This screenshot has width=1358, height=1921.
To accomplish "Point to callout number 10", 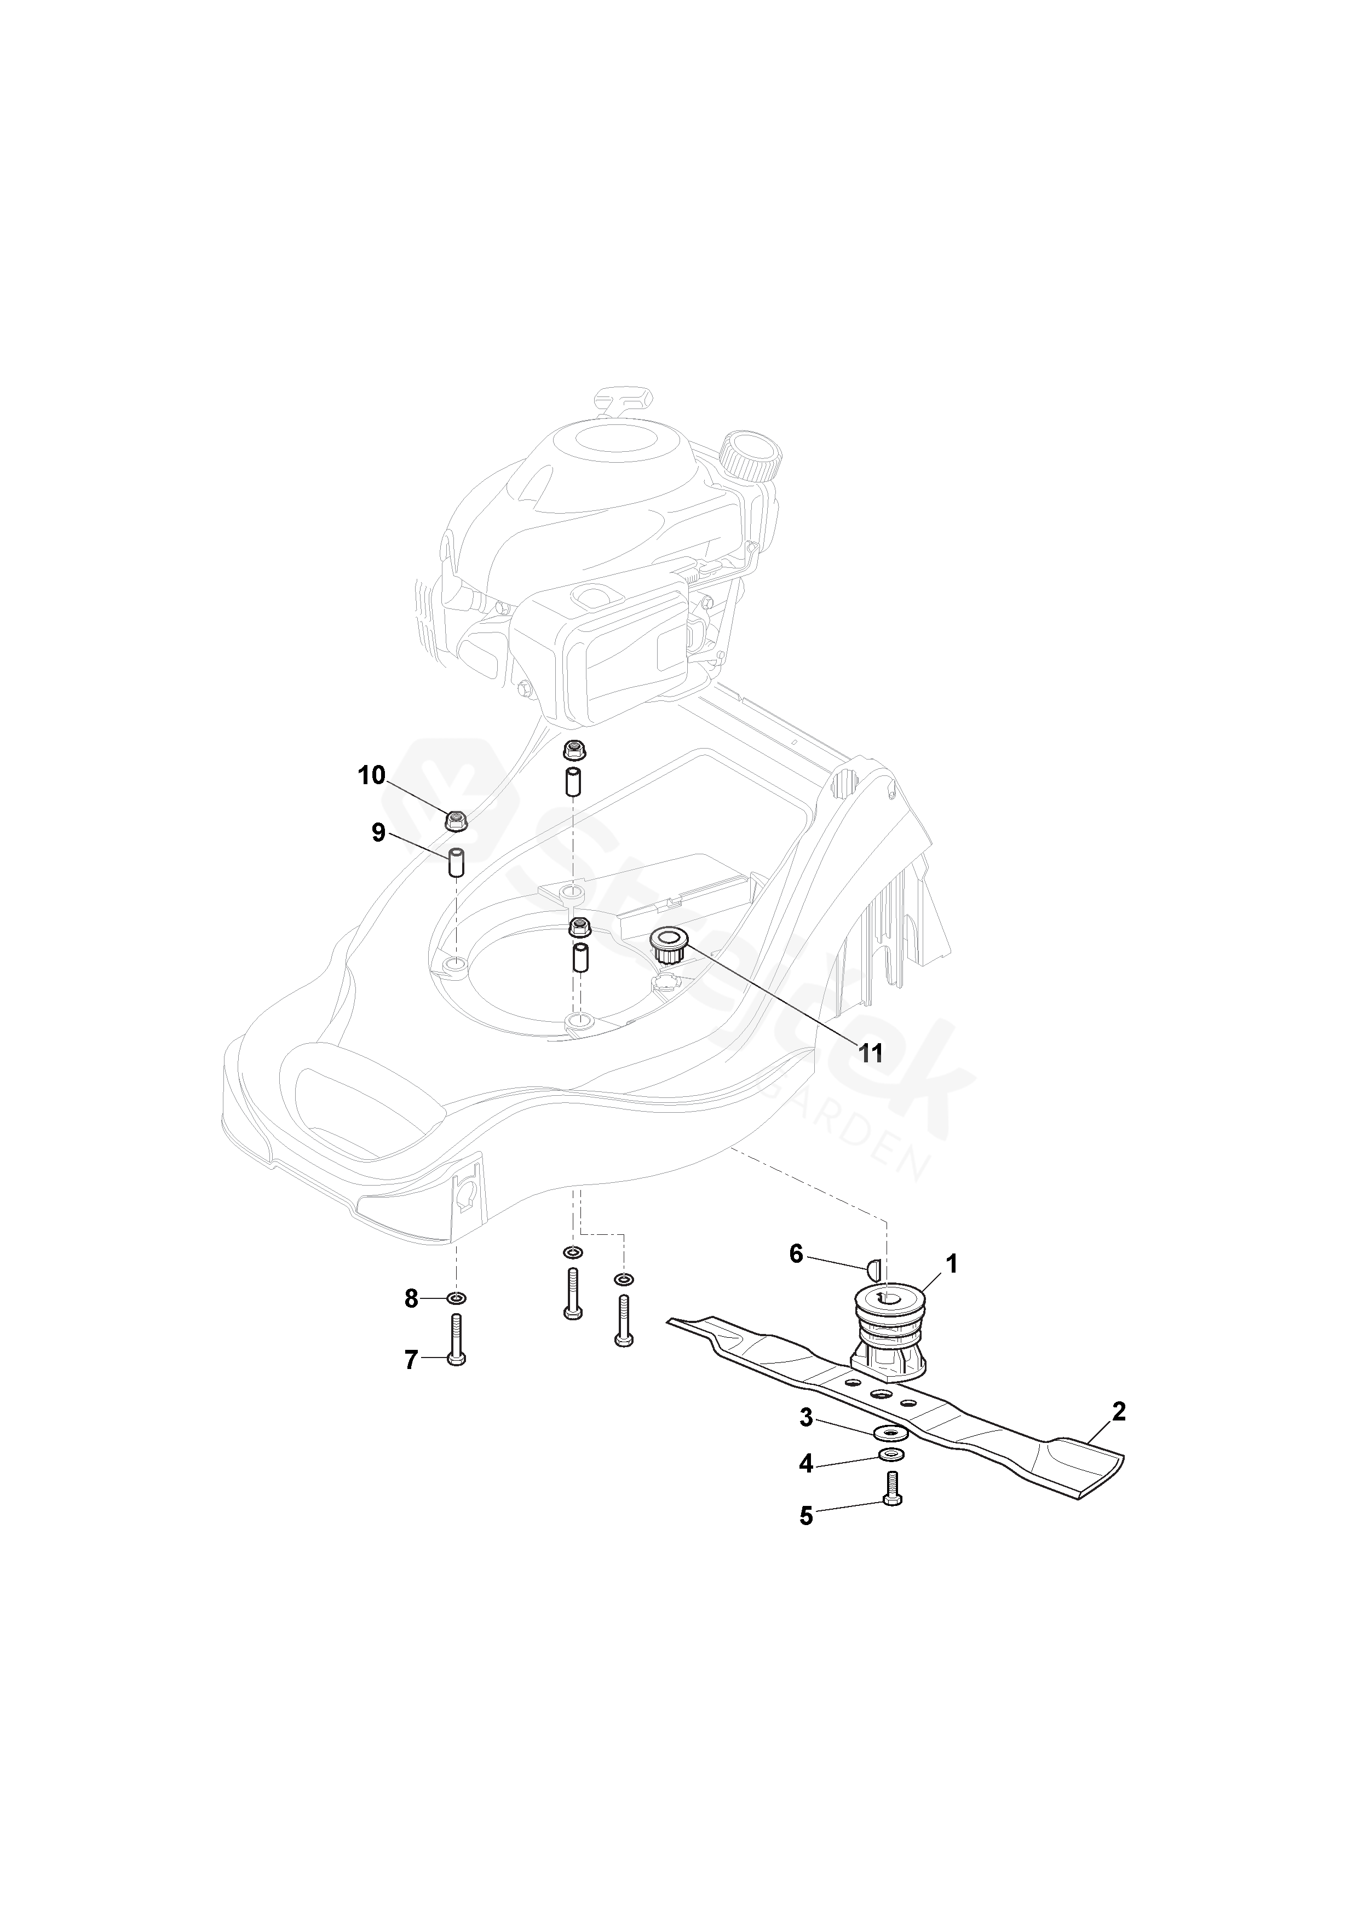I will tap(371, 775).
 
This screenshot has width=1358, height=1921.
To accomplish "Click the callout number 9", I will tap(378, 833).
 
